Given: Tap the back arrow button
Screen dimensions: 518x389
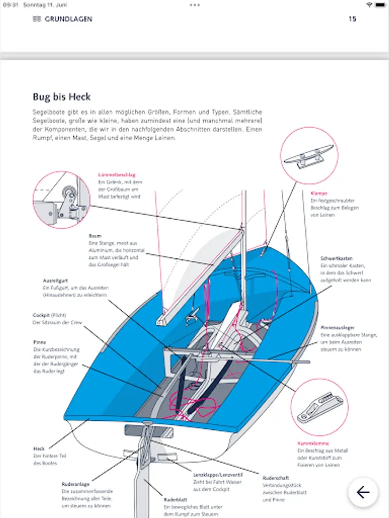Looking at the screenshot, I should (363, 492).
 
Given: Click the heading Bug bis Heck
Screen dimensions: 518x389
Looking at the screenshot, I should (62, 97).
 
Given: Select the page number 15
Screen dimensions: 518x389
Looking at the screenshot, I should (353, 19).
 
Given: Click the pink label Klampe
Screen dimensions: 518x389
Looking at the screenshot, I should (319, 193).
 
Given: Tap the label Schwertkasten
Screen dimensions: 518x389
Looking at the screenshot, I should (337, 259).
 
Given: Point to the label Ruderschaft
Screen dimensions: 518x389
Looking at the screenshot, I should (274, 478).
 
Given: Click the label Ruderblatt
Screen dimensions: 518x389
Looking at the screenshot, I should (173, 500).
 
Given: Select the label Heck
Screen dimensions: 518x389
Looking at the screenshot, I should (39, 448).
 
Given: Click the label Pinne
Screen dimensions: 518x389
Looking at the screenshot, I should (39, 342).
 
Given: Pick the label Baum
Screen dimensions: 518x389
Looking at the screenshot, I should (95, 236).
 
